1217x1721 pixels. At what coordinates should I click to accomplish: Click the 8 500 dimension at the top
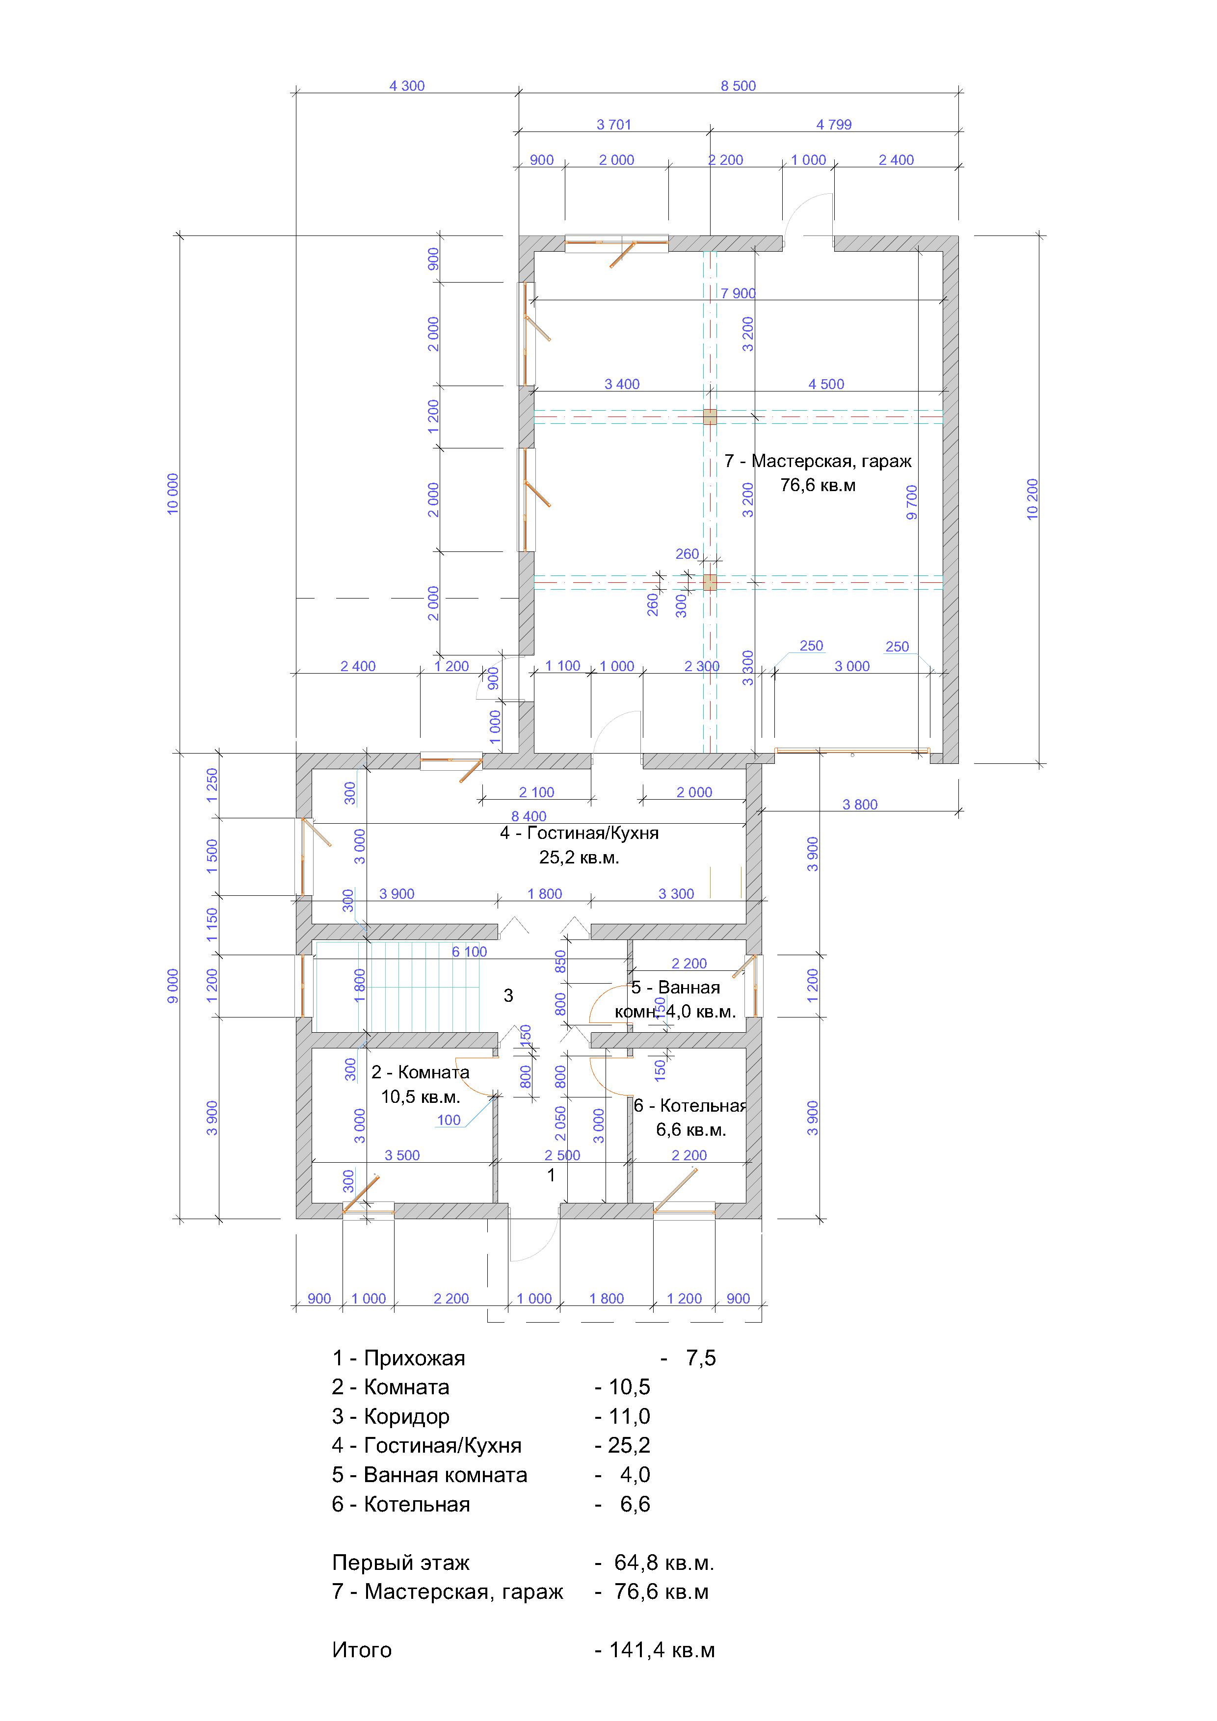click(738, 86)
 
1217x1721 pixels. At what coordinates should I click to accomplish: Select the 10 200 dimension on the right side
click(1032, 499)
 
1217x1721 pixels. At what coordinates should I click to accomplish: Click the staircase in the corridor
click(397, 987)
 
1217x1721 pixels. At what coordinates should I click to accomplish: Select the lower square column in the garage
click(710, 582)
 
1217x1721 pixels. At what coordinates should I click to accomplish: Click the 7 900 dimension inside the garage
click(738, 293)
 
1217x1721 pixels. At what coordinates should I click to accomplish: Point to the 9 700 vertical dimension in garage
click(912, 503)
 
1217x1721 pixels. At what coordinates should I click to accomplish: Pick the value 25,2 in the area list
click(628, 1445)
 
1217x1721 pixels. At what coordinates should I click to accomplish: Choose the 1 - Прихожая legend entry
click(524, 1358)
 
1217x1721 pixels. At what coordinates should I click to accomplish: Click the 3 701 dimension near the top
click(613, 125)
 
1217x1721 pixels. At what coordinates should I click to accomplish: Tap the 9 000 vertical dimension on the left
click(173, 987)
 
